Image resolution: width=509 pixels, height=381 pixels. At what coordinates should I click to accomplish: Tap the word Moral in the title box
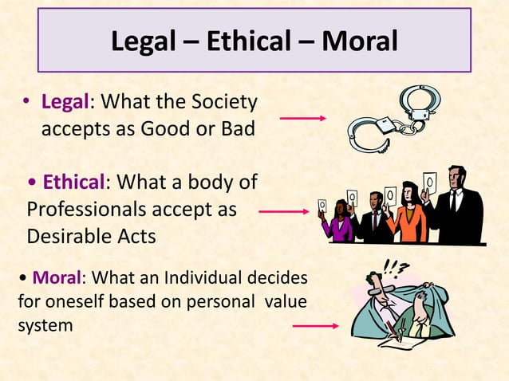[359, 41]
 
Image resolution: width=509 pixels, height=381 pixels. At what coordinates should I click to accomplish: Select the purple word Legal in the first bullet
[66, 103]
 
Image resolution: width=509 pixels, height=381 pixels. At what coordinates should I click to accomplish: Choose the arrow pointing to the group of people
[283, 212]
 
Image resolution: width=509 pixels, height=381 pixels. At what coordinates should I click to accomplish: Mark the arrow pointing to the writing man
[315, 325]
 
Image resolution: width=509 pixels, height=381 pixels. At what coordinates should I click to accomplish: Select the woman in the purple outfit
[339, 222]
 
